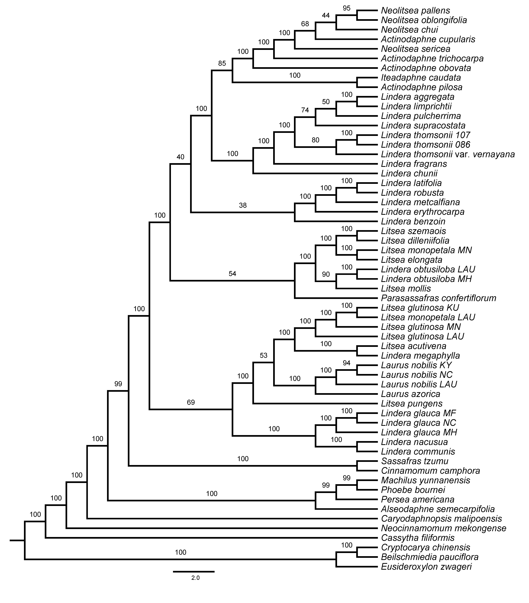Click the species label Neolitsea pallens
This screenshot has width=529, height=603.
tap(415, 11)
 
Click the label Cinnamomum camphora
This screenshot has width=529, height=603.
tap(430, 471)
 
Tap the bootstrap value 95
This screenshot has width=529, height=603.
tap(346, 8)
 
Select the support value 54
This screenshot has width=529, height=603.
tap(232, 274)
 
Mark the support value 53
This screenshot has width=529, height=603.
tap(263, 356)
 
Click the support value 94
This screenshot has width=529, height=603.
tap(346, 363)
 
